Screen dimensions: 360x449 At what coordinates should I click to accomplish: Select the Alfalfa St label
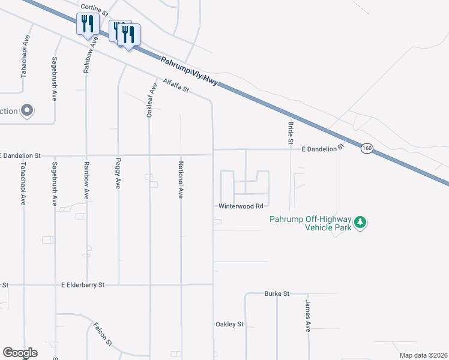[175, 86]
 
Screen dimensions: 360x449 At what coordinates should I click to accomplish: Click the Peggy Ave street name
[118, 175]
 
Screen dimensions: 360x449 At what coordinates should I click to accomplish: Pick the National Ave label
[180, 180]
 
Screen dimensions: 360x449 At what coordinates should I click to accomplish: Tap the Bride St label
[290, 130]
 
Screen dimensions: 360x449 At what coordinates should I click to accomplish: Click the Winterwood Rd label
[241, 206]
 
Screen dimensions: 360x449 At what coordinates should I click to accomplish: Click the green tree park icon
[360, 223]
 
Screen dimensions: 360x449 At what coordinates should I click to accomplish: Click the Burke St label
[277, 293]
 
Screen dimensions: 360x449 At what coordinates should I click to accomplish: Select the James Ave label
[307, 316]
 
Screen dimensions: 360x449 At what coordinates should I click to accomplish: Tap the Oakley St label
[229, 324]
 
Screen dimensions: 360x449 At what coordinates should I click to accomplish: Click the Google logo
[20, 353]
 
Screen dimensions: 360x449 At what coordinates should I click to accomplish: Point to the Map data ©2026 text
[423, 355]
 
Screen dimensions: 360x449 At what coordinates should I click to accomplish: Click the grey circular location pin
[27, 110]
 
